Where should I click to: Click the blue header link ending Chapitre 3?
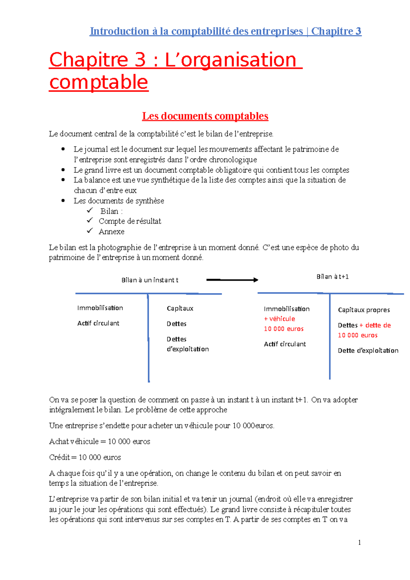(225, 31)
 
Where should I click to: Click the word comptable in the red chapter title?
(99, 82)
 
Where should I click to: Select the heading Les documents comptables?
(205, 116)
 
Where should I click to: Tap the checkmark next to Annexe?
(90, 231)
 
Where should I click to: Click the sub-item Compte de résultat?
(130, 221)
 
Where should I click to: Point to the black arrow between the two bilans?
(232, 280)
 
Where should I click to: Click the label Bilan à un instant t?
(150, 280)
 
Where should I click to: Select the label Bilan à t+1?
(332, 277)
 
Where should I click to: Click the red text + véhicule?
(279, 319)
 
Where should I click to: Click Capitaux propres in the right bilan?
(364, 310)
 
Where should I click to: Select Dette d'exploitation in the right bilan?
(368, 350)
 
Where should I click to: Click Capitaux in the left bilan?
(180, 308)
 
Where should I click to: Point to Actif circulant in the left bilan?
(98, 323)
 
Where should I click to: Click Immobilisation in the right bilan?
(287, 309)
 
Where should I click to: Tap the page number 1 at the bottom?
(359, 542)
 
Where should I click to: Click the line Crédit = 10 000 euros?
(85, 457)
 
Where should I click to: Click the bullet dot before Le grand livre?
(63, 170)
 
